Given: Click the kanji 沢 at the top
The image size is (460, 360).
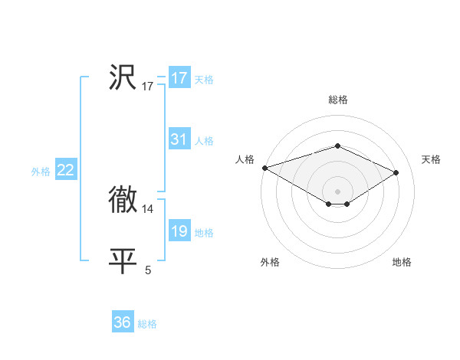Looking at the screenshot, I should click(123, 78).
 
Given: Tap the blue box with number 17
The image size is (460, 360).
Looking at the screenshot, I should click(179, 78).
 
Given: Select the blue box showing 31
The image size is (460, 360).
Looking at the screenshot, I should click(179, 139).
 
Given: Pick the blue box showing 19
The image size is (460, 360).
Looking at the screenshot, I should click(179, 231).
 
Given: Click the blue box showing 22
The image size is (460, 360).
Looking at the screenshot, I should click(66, 170).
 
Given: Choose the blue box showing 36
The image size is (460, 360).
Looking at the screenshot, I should click(123, 322).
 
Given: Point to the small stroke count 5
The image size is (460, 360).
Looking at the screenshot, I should click(148, 270).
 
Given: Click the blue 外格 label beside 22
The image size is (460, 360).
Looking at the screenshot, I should click(41, 172).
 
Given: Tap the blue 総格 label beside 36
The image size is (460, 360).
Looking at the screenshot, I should click(147, 324).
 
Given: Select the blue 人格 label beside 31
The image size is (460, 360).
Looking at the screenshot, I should click(204, 141).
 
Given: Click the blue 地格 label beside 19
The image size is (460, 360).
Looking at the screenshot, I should click(204, 233).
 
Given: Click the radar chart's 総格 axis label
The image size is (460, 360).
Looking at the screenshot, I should click(337, 100).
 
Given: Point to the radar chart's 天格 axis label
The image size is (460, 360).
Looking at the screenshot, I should click(431, 159).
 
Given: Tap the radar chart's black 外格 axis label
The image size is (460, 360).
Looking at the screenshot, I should click(270, 262).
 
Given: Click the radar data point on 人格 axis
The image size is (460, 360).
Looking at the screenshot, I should click(264, 167).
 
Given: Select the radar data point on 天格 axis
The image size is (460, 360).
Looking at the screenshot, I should click(396, 172).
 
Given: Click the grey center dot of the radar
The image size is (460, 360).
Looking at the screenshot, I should click(337, 191).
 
